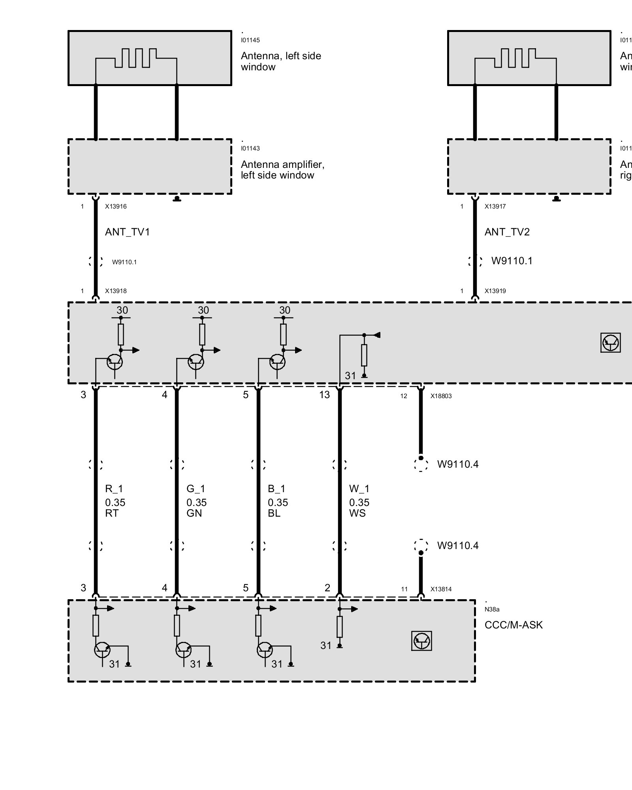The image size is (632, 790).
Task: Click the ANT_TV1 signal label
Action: pyautogui.click(x=127, y=232)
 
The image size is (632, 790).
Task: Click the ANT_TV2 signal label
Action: pyautogui.click(x=507, y=232)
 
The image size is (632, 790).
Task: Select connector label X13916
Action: pyautogui.click(x=116, y=206)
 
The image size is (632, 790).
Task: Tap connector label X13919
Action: pyautogui.click(x=495, y=291)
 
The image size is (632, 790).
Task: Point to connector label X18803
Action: pyautogui.click(x=441, y=396)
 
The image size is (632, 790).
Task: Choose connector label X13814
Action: pyautogui.click(x=441, y=589)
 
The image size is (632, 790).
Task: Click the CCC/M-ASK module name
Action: pyautogui.click(x=513, y=625)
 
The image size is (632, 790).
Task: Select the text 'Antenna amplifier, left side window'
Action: pyautogui.click(x=282, y=170)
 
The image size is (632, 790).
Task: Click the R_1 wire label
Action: pyautogui.click(x=114, y=489)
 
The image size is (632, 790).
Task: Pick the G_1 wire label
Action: pyautogui.click(x=196, y=489)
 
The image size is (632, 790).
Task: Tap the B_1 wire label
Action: pyautogui.click(x=276, y=489)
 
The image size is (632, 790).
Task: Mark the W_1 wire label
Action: pyautogui.click(x=359, y=489)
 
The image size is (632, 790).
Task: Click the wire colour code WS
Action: pyautogui.click(x=357, y=513)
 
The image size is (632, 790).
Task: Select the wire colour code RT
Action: pyautogui.click(x=112, y=513)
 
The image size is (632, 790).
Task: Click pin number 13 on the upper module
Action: pyautogui.click(x=324, y=395)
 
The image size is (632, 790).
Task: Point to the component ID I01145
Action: pyautogui.click(x=250, y=40)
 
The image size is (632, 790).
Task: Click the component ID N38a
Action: pyautogui.click(x=492, y=609)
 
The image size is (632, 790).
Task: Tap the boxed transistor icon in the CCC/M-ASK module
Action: pyautogui.click(x=421, y=641)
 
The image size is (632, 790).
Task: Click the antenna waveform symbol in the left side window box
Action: pyautogui.click(x=136, y=58)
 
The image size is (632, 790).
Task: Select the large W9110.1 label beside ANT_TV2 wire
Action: pyautogui.click(x=512, y=261)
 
